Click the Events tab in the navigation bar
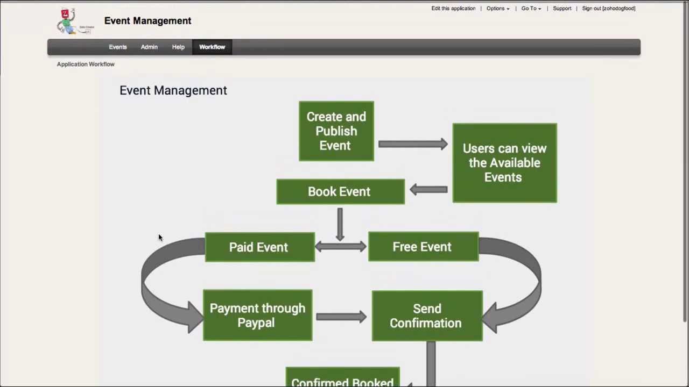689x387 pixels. (x=117, y=47)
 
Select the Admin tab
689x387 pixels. (x=149, y=47)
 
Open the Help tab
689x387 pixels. (x=178, y=47)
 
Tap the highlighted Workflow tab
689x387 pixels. (x=212, y=47)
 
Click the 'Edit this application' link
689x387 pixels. (x=453, y=9)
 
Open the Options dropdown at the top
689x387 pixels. (x=498, y=9)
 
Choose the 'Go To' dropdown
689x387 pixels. (x=531, y=9)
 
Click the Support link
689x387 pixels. (x=562, y=9)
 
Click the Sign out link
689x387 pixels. (x=608, y=9)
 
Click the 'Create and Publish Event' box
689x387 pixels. (x=336, y=131)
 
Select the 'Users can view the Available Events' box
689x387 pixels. (x=504, y=163)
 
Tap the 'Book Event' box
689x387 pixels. (x=340, y=192)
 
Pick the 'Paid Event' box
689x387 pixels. (x=259, y=247)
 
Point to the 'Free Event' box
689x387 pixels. (x=423, y=247)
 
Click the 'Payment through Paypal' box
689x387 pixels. (x=257, y=316)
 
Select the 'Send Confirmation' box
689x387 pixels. (x=427, y=316)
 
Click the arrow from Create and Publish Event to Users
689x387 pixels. (x=413, y=144)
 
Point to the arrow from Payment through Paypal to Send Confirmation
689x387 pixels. (x=341, y=317)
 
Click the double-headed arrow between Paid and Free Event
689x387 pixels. (x=341, y=247)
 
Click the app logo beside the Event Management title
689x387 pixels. (x=74, y=21)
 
